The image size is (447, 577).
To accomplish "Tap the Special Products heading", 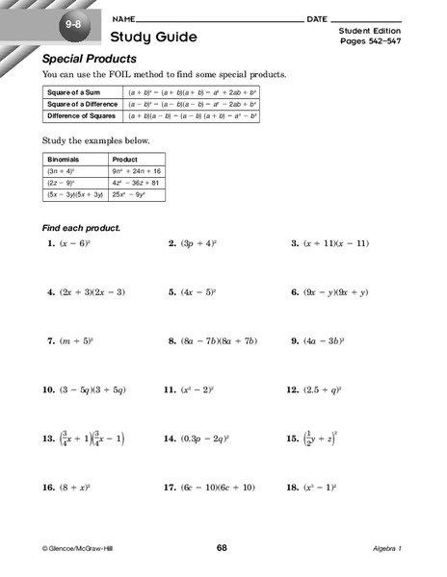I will coord(93,60).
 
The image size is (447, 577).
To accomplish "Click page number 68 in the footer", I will coord(223,547).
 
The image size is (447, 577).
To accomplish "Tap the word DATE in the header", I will coord(317,18).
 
